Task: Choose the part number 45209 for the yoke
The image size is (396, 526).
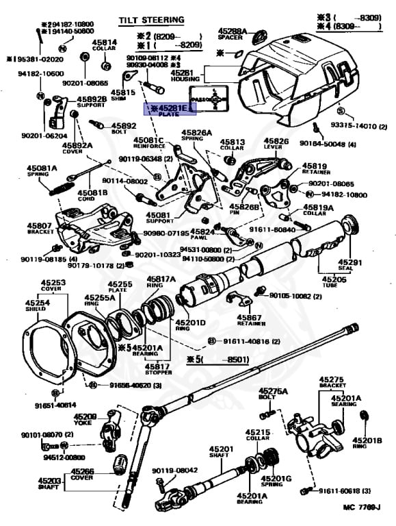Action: click(x=85, y=416)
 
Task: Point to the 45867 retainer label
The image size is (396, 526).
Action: click(x=250, y=317)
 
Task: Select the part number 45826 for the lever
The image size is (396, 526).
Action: click(x=276, y=141)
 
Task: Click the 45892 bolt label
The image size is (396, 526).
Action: click(x=124, y=125)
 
